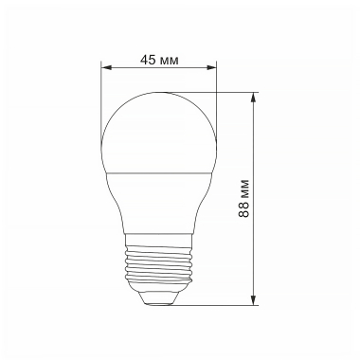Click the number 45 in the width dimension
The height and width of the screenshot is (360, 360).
coord(148,59)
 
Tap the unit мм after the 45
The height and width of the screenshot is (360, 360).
coord(170,59)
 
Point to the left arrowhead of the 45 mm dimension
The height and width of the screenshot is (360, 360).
coord(106,67)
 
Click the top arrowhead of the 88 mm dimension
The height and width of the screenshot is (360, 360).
coord(255,97)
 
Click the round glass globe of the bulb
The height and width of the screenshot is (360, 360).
coord(158,133)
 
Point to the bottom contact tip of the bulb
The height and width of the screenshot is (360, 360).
coord(158,301)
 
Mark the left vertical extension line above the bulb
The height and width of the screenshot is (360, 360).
coord(101,95)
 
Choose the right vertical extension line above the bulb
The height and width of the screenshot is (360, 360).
coord(216,95)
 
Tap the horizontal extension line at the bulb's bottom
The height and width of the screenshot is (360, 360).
coord(218,306)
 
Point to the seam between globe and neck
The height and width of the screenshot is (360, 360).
coord(158,172)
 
